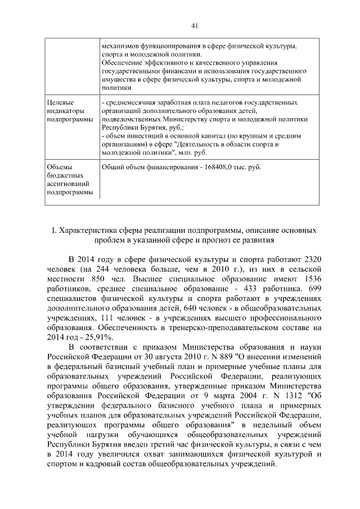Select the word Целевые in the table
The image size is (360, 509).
point(59,103)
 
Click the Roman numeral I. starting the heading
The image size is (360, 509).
point(53,231)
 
